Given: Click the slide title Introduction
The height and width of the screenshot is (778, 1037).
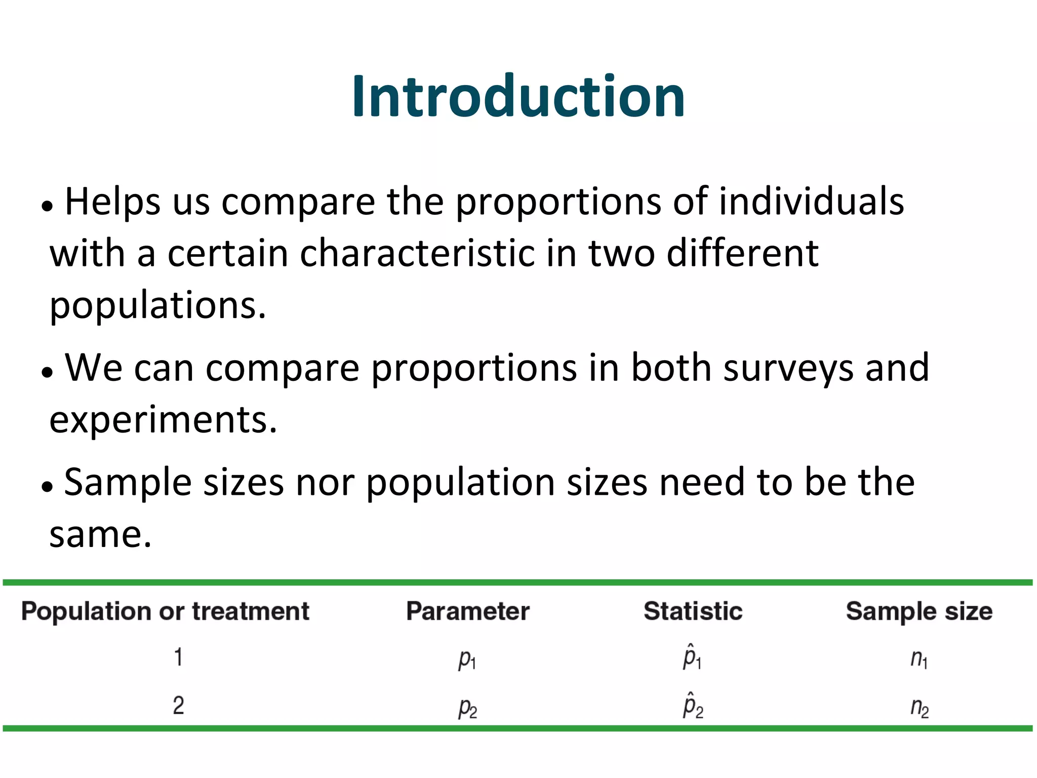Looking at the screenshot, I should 518,96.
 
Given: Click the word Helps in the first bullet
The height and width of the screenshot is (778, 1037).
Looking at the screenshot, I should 112,202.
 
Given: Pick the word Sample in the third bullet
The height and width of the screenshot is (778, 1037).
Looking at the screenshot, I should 128,482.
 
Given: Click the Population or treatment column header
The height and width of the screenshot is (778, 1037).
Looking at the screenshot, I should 165,611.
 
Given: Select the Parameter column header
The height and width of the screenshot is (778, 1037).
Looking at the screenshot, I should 467,611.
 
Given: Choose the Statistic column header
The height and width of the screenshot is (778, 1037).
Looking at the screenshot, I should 693,611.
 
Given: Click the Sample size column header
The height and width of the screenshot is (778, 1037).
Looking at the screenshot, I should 919,611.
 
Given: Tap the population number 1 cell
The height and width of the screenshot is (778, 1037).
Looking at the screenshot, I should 178,657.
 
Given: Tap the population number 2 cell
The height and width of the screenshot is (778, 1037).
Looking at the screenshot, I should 178,705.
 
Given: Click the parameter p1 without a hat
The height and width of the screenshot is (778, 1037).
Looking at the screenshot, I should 467,659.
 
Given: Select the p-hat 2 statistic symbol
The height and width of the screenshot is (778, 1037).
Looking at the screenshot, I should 693,705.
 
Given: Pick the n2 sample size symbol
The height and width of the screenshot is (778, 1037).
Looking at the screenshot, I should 919,707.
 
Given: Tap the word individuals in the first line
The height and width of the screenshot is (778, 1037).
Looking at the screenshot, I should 811,202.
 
